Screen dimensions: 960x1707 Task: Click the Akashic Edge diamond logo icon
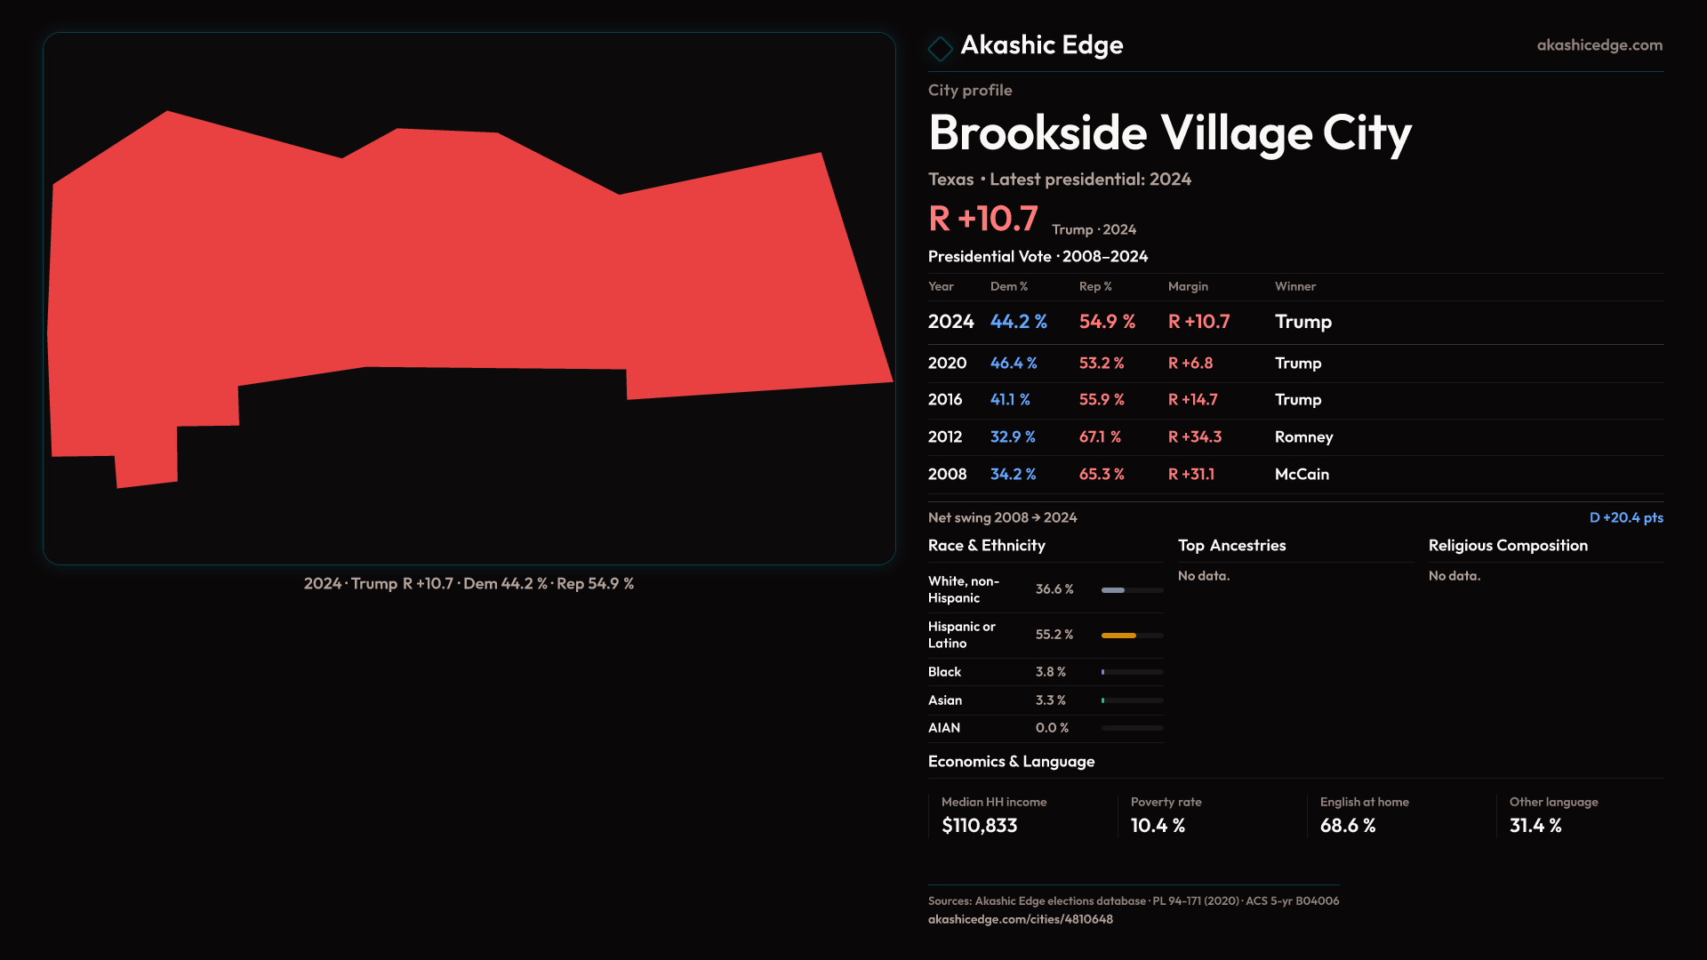[x=940, y=48]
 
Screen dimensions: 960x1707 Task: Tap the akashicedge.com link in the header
[x=1599, y=44]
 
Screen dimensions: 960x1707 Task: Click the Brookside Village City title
[x=1169, y=133]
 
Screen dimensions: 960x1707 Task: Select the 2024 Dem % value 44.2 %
[x=1018, y=322]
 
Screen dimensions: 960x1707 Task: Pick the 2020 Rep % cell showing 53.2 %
[x=1101, y=364]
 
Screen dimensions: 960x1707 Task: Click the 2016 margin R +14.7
[x=1192, y=400]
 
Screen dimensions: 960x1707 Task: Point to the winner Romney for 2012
[x=1303, y=437]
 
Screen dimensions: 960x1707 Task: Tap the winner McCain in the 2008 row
[x=1302, y=475]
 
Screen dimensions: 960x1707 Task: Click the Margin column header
[x=1188, y=286]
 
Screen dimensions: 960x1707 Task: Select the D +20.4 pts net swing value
[x=1625, y=517]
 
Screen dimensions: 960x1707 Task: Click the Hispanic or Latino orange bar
[x=1118, y=636]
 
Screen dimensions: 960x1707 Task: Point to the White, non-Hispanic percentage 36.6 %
[x=1054, y=589]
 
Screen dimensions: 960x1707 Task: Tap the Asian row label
[x=945, y=700]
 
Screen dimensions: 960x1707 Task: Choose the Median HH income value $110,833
[x=979, y=826]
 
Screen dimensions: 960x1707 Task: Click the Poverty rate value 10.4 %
[x=1158, y=826]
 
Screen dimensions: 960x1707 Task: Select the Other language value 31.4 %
[x=1535, y=826]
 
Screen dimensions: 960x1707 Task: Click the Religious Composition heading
[x=1508, y=546]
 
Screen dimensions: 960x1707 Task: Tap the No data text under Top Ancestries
[x=1204, y=576]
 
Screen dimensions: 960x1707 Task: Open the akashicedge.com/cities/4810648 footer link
[x=1020, y=919]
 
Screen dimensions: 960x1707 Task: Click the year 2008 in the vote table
[x=947, y=475]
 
